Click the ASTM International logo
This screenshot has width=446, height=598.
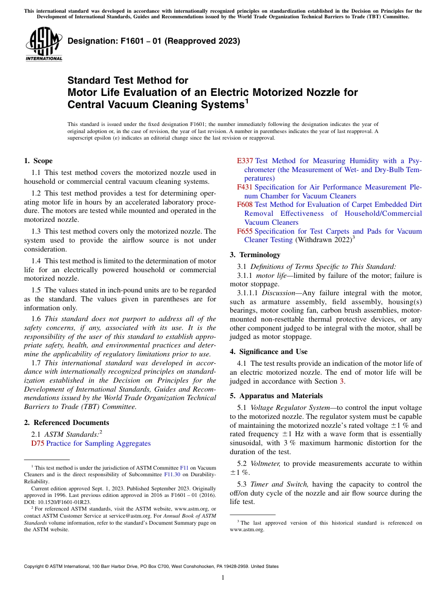[44, 44]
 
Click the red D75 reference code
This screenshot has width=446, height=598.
[38, 443]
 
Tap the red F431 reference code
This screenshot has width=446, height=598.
[245, 187]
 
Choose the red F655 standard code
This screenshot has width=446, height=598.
[245, 231]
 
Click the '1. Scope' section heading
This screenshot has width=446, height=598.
[38, 161]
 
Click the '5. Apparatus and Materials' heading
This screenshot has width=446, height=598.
[276, 396]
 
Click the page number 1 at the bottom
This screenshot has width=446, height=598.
[223, 578]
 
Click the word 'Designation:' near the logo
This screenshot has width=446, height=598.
[90, 41]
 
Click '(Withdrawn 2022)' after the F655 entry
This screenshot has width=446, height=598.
[323, 240]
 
